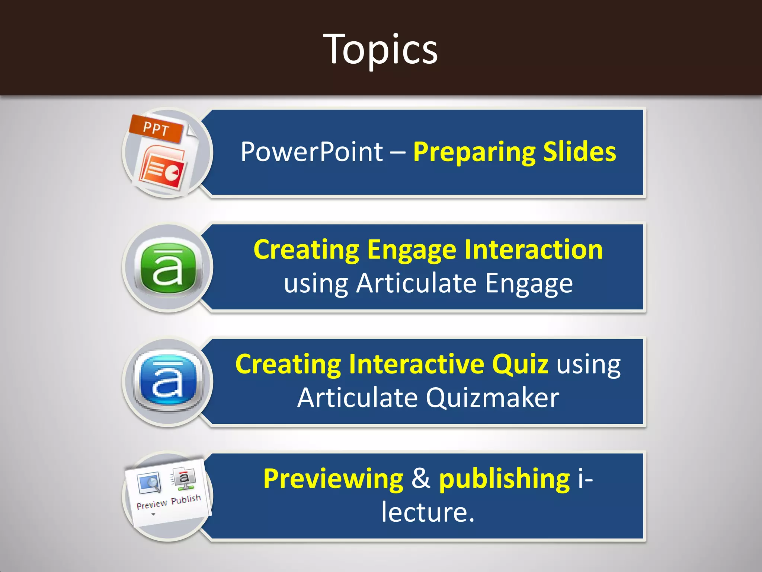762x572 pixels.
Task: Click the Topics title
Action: point(380,49)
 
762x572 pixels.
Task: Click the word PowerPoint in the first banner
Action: point(311,152)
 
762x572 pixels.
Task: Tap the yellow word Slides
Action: point(579,152)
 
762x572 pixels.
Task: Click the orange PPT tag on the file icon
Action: point(156,129)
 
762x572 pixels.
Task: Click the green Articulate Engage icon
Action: point(168,267)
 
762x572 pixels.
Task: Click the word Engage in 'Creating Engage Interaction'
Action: point(412,250)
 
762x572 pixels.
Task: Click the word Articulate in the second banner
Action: point(416,284)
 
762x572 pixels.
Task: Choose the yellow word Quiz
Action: point(520,364)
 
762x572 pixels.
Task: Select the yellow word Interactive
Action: point(416,364)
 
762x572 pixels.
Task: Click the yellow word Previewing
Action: point(333,479)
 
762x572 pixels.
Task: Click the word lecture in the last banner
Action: point(424,512)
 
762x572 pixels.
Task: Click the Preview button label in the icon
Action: point(152,505)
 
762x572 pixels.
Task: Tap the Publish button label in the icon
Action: point(186,499)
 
